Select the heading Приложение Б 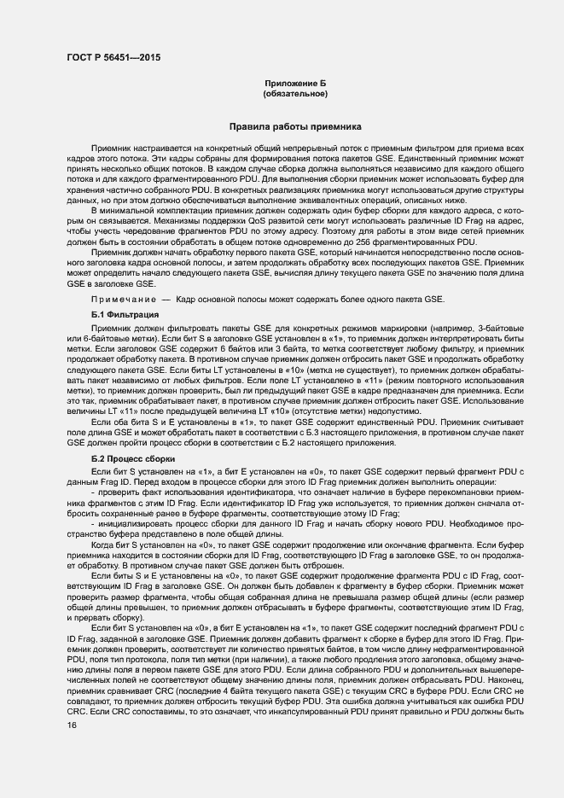point(295,83)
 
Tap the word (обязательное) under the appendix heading point(295,93)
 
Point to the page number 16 point(71,725)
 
